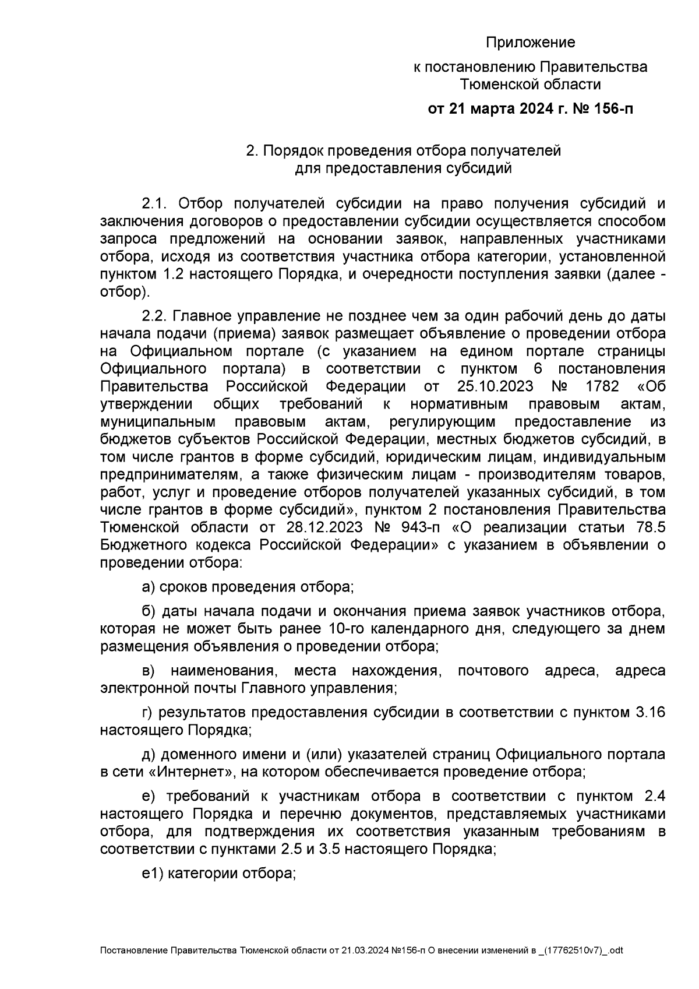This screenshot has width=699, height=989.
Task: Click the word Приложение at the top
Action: pos(530,43)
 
